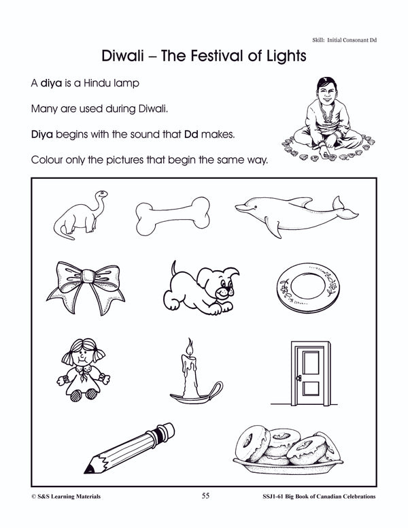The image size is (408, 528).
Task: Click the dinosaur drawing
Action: point(82,216)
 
